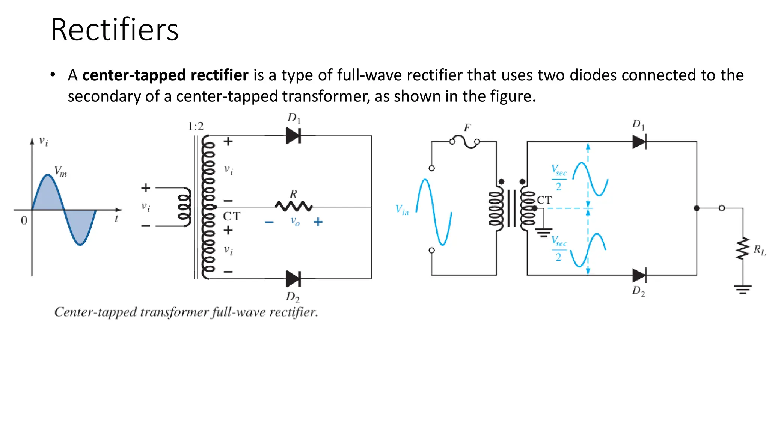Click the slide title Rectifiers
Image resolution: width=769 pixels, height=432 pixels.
coord(115,30)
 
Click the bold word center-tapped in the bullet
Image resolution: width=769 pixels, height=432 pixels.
coord(134,75)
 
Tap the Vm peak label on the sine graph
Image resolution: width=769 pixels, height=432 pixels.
coord(60,171)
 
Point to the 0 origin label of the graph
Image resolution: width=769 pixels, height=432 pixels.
coord(24,220)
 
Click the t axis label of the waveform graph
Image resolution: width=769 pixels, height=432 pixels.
coord(116,219)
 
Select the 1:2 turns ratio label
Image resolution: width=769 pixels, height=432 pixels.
coord(196,126)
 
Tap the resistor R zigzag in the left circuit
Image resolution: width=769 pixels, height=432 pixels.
coord(294,206)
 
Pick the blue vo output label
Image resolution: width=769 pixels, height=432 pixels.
coord(295,221)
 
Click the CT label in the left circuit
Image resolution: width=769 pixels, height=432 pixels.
coord(232,216)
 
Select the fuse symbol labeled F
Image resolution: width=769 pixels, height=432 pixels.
coord(464,141)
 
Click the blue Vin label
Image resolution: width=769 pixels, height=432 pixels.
coord(402,210)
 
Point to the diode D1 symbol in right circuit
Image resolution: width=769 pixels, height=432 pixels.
coord(639,142)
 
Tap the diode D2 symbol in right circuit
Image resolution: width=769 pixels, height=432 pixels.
coord(639,275)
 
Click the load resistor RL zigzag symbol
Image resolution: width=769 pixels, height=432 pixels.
coord(743,248)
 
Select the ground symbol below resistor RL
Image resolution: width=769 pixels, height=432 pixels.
coord(743,289)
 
